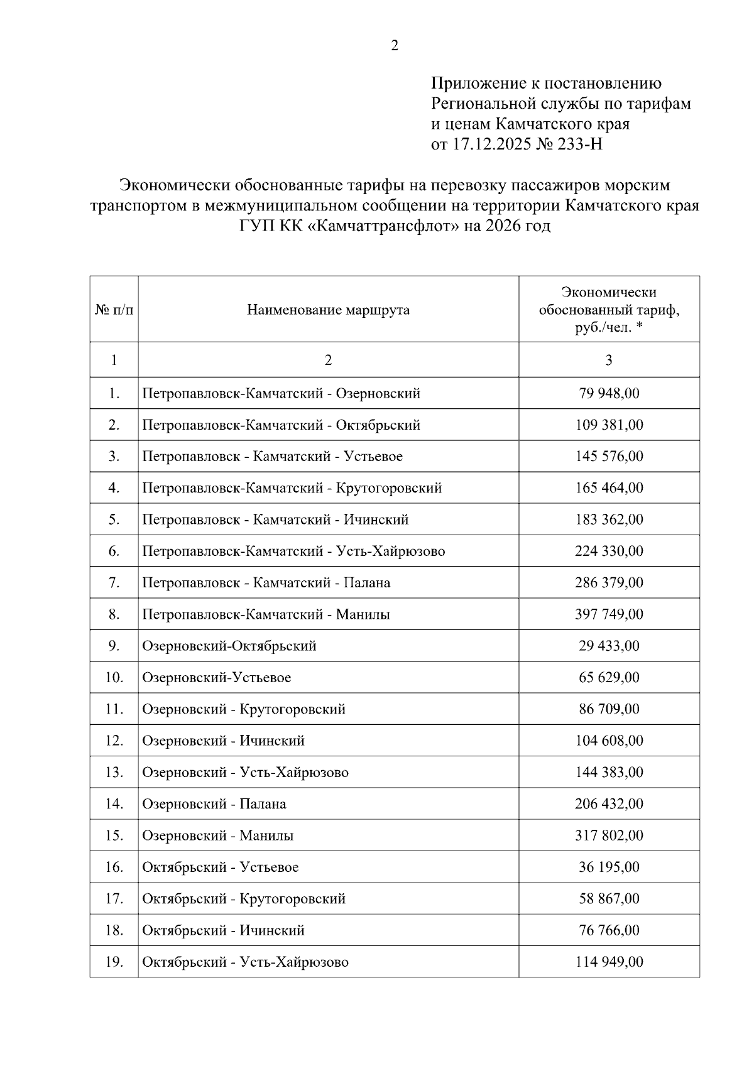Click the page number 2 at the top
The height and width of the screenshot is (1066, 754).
[395, 46]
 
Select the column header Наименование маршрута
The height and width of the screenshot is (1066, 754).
[328, 310]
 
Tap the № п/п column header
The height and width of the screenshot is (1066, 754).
[114, 310]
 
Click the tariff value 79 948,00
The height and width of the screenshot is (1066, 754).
[609, 393]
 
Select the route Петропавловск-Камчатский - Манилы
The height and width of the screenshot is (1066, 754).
[266, 614]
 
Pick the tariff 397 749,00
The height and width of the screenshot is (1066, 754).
[609, 614]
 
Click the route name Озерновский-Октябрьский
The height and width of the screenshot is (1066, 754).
[229, 646]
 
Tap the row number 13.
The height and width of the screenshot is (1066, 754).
[114, 772]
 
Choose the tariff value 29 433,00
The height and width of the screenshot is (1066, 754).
[609, 646]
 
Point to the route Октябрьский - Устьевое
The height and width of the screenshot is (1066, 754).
[221, 867]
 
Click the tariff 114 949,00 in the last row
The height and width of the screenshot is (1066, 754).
[609, 962]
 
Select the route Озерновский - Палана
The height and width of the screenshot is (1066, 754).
[214, 803]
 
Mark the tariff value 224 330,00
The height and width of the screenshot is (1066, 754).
[609, 551]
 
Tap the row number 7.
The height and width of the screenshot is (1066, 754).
[114, 582]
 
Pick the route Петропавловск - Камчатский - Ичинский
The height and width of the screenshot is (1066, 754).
[275, 519]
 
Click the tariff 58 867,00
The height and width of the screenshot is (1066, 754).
[609, 898]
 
